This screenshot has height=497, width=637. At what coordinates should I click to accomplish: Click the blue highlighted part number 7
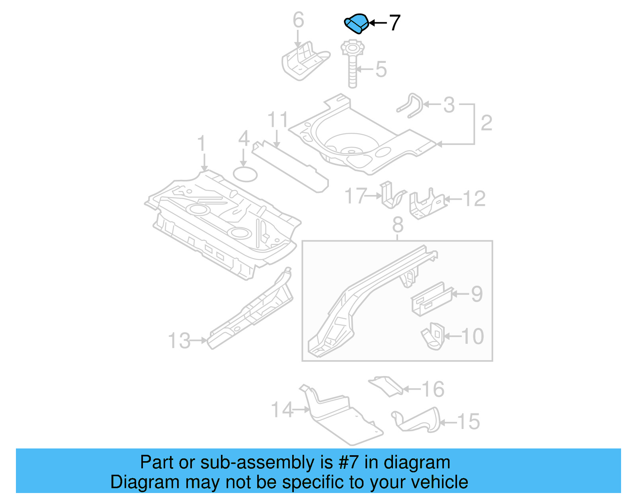pyautogui.click(x=356, y=23)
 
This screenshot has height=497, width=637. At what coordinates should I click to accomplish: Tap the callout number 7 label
pyautogui.click(x=394, y=23)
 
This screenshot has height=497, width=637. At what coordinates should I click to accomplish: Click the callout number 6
pyautogui.click(x=298, y=20)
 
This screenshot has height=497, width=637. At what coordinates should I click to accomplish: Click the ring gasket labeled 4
pyautogui.click(x=245, y=174)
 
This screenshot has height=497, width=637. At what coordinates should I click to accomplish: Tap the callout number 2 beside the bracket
pyautogui.click(x=486, y=123)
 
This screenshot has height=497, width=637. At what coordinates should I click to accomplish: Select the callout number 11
pyautogui.click(x=277, y=119)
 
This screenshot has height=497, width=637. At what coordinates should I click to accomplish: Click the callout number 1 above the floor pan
pyautogui.click(x=202, y=144)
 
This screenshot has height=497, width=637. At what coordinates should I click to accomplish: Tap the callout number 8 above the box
pyautogui.click(x=398, y=225)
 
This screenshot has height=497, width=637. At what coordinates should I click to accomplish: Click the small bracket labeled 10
pyautogui.click(x=433, y=337)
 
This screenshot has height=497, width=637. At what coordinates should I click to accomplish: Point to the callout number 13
pyautogui.click(x=179, y=341)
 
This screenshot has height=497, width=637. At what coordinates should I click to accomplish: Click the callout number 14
pyautogui.click(x=282, y=409)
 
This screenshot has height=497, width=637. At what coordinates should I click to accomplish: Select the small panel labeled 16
pyautogui.click(x=386, y=385)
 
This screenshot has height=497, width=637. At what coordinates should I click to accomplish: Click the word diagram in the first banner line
pyautogui.click(x=416, y=462)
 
